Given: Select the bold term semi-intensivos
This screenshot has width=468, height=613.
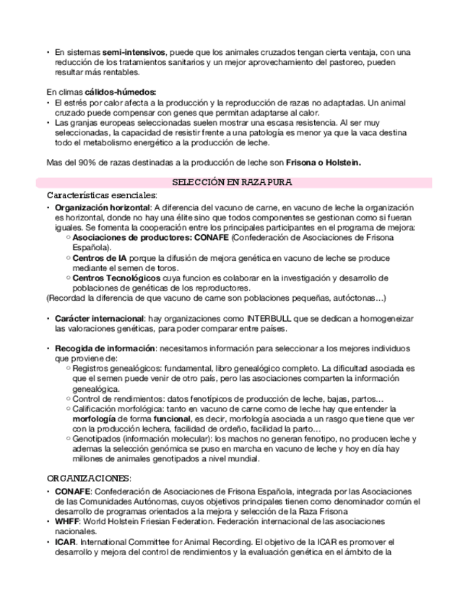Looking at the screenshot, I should [134, 53].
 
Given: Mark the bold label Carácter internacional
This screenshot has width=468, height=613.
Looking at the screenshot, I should [98, 318].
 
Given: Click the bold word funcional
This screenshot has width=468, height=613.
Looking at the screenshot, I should [170, 419].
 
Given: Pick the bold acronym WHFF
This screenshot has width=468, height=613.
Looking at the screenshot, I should [67, 520].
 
